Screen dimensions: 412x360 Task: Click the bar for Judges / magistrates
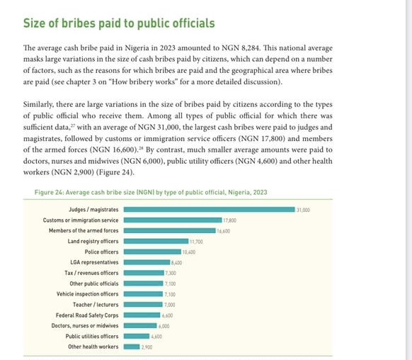click(x=210, y=210)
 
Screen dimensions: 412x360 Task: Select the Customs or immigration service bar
click(x=173, y=220)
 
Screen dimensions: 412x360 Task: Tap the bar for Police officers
click(x=152, y=252)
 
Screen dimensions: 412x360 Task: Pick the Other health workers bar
click(x=132, y=347)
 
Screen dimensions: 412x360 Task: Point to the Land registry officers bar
click(x=156, y=241)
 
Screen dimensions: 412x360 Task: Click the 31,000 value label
click(x=303, y=210)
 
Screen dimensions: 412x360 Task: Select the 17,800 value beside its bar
click(x=229, y=220)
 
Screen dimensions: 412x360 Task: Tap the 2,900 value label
click(x=147, y=347)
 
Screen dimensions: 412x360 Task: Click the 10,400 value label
click(x=189, y=252)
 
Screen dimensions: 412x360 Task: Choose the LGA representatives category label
click(x=94, y=262)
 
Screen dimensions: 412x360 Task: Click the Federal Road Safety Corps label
click(x=87, y=315)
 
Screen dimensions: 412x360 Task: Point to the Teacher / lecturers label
click(x=96, y=305)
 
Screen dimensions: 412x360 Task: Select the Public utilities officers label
click(x=92, y=337)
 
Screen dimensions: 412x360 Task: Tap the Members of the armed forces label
click(x=84, y=230)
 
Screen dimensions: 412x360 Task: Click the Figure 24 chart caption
click(x=151, y=192)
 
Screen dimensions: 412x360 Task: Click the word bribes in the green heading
click(x=79, y=23)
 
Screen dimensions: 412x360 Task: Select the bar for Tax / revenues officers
click(x=144, y=273)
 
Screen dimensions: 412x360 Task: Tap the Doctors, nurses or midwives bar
click(x=140, y=326)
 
